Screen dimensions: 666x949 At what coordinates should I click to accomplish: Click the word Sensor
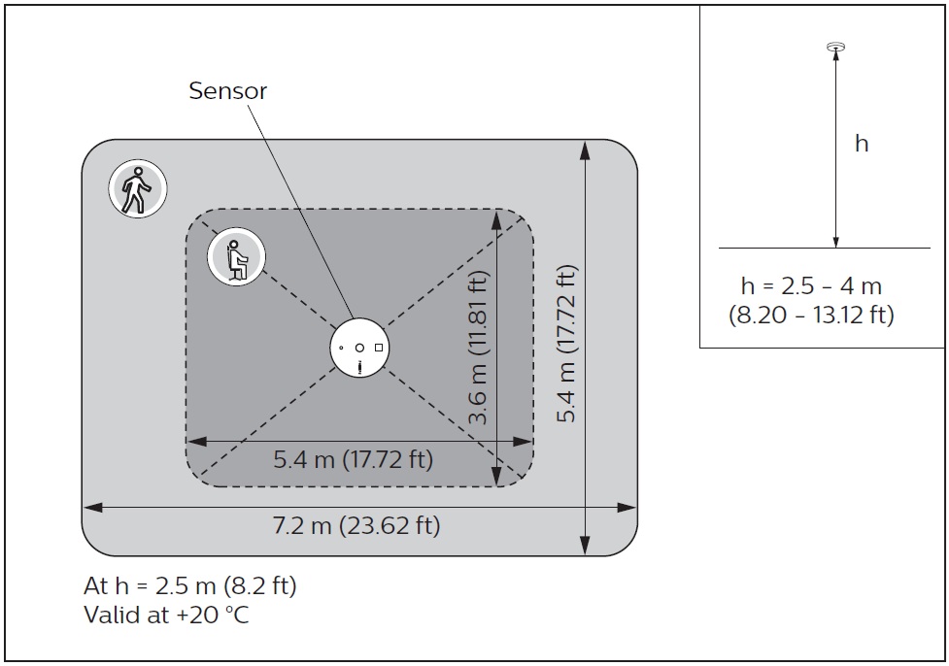click(227, 91)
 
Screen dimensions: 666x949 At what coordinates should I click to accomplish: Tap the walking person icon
click(138, 189)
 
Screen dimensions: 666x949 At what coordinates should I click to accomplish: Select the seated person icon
click(236, 257)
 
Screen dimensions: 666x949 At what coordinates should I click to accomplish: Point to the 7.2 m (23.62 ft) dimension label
click(356, 526)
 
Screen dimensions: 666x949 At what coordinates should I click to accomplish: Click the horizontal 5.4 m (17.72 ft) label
click(354, 459)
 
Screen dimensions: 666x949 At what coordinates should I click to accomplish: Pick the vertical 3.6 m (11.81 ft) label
click(478, 347)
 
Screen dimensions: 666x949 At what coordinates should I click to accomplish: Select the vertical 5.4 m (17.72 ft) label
click(567, 344)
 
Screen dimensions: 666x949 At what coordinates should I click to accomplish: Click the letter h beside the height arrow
click(861, 144)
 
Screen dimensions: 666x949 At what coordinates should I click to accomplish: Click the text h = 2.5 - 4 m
click(811, 286)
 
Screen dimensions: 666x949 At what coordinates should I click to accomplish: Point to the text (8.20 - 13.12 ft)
click(811, 316)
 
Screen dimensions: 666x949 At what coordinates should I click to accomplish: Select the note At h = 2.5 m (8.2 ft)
click(190, 586)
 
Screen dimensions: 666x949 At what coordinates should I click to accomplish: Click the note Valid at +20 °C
click(167, 615)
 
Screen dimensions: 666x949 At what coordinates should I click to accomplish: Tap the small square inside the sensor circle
click(379, 348)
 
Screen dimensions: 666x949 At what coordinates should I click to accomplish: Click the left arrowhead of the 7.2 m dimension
click(90, 507)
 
